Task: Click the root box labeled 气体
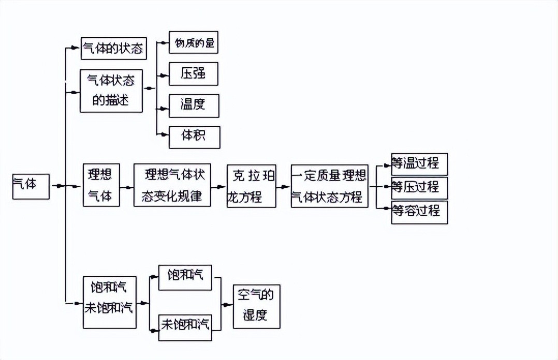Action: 31,186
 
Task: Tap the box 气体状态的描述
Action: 111,91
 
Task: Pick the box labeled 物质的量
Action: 194,42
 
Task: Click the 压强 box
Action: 194,74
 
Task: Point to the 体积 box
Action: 195,137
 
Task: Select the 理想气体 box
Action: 101,185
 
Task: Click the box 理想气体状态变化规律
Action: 172,185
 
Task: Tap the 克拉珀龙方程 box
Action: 251,186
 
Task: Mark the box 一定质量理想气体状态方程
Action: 329,186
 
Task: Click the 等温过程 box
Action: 419,164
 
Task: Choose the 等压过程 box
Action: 419,187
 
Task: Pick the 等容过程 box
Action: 419,212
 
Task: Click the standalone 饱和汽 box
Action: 185,277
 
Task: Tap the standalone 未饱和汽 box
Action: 185,327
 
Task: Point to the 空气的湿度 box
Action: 256,306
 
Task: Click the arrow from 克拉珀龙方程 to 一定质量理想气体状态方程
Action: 283,186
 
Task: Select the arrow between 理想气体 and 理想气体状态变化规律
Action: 127,186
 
